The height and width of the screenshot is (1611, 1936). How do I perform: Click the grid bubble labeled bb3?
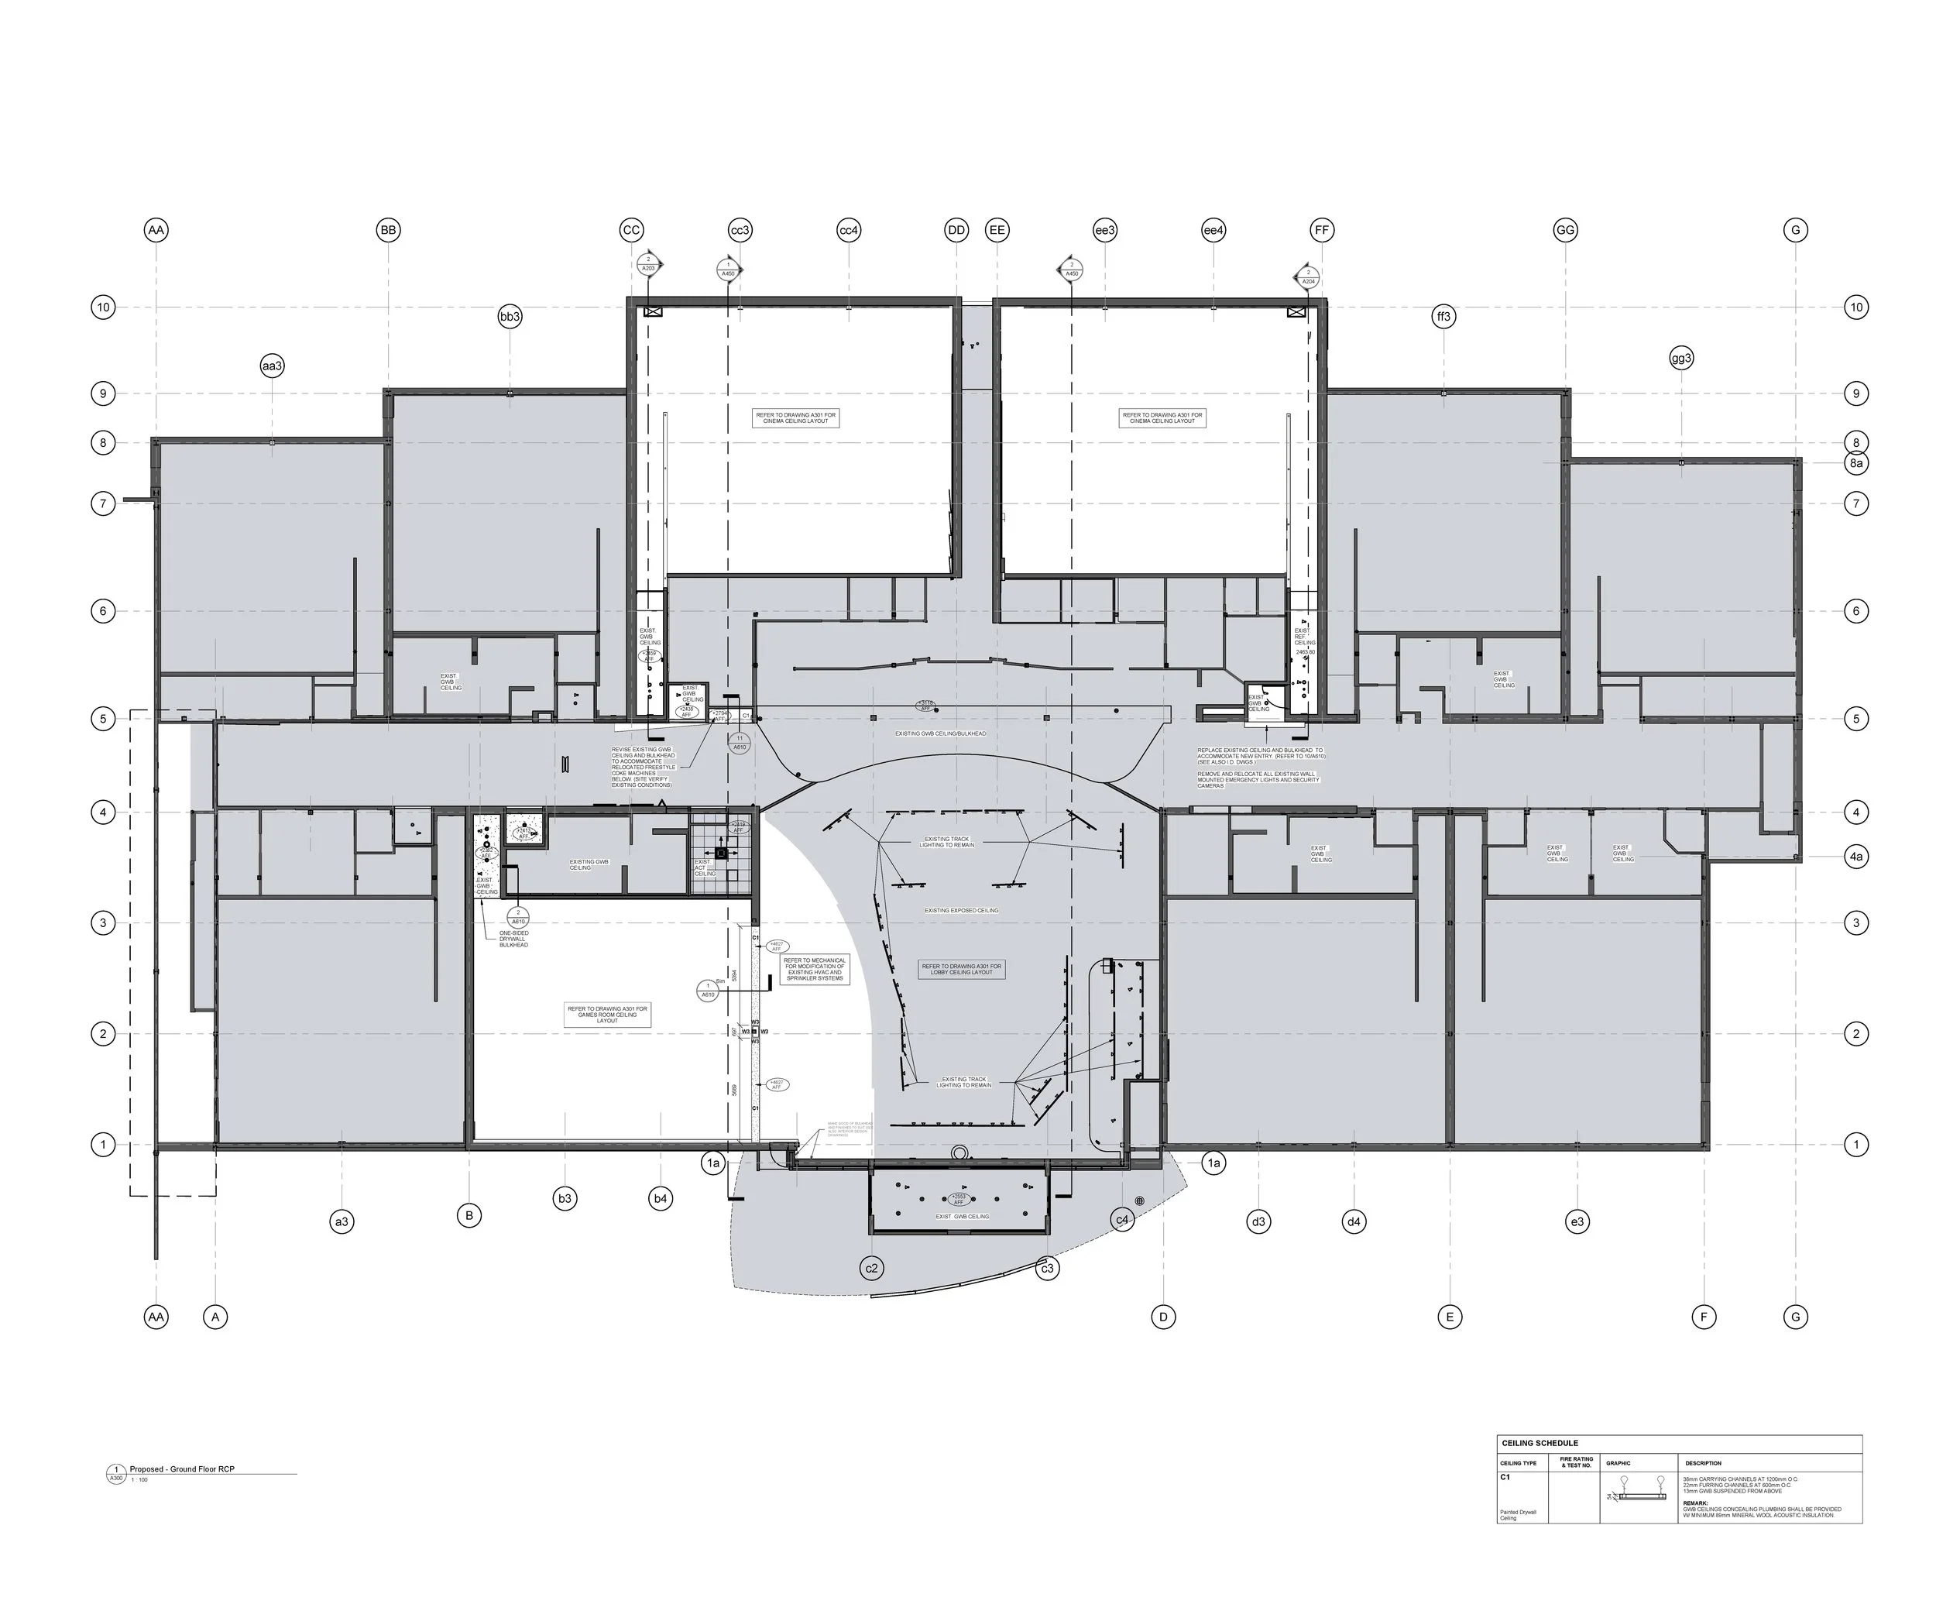(x=510, y=316)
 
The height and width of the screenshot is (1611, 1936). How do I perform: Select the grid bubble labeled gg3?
(x=1681, y=358)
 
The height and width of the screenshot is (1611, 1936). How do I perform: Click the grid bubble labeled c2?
(x=871, y=1268)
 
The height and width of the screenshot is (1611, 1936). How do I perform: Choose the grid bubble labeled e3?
(x=1577, y=1222)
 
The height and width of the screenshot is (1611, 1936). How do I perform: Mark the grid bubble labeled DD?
(x=956, y=229)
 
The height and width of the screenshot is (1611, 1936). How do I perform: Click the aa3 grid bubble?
(x=272, y=366)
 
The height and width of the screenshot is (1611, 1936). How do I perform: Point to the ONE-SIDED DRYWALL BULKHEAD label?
(x=513, y=939)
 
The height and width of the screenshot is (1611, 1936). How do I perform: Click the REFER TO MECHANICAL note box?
(x=814, y=969)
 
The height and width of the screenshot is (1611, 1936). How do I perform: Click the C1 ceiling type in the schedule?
(x=1505, y=1476)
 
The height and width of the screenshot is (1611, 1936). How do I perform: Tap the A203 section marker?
(x=648, y=266)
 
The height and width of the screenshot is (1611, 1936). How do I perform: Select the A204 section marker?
(x=1307, y=276)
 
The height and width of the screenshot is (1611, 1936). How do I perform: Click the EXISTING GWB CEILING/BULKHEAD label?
(x=940, y=734)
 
